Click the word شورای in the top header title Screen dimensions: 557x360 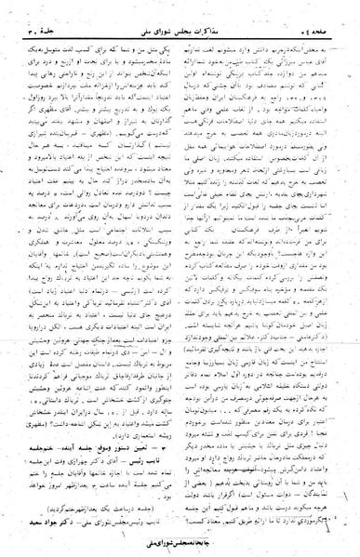tap(167, 12)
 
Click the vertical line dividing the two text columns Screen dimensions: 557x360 tap(180, 279)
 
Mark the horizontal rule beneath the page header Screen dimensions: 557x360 tap(180, 21)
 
